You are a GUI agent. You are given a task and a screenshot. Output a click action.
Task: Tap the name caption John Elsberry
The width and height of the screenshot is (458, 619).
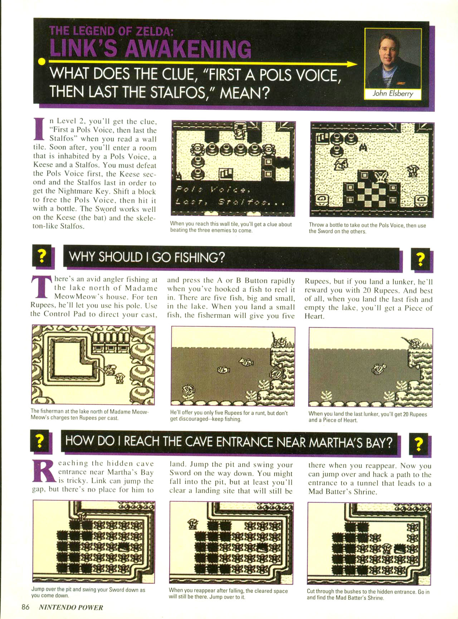393,93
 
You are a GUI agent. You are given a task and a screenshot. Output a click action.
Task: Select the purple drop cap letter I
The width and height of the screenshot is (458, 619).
40,129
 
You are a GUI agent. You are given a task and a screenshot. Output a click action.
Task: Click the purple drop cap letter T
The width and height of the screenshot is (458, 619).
40,287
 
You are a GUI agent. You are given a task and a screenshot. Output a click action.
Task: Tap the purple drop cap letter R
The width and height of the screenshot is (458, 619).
44,471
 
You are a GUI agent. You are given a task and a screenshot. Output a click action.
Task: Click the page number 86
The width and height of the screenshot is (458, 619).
25,607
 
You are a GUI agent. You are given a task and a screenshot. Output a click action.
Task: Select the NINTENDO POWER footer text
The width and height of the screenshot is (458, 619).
71,607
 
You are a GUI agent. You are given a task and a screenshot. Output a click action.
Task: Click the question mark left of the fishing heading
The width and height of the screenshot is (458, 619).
42,256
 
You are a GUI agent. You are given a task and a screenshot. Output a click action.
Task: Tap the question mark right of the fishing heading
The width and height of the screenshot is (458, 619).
421,258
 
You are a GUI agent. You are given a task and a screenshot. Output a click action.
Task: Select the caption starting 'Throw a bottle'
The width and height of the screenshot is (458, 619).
367,228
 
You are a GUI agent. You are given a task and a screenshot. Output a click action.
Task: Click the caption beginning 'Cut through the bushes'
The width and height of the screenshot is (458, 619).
368,594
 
